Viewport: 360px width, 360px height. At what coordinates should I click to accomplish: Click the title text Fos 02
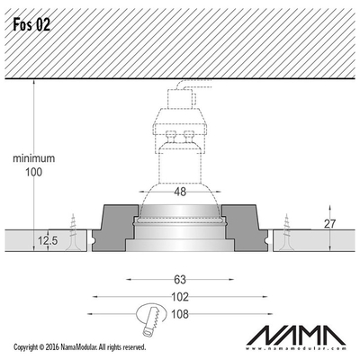click(x=31, y=25)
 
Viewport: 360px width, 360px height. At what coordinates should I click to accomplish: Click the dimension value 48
click(x=180, y=192)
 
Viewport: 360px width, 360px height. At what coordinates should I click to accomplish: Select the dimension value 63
click(x=180, y=280)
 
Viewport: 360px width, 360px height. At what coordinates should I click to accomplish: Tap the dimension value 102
click(x=180, y=297)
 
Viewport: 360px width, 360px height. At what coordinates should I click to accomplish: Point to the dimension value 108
click(x=180, y=314)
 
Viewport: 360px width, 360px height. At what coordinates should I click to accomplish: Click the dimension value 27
click(x=330, y=224)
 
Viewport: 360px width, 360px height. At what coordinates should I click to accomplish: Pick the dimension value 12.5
click(x=48, y=240)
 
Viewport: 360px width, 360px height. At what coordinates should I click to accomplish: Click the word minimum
click(x=34, y=158)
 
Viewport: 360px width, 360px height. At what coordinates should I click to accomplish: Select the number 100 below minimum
click(x=33, y=172)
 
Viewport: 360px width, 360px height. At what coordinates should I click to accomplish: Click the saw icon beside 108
click(x=151, y=319)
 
